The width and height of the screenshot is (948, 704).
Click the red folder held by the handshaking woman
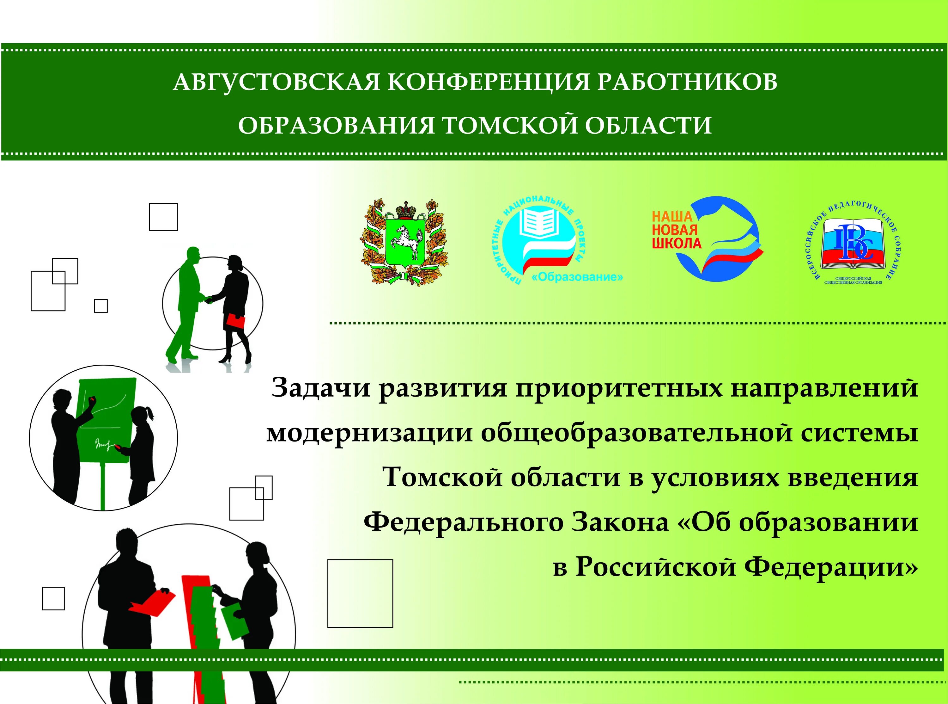tap(235, 321)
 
